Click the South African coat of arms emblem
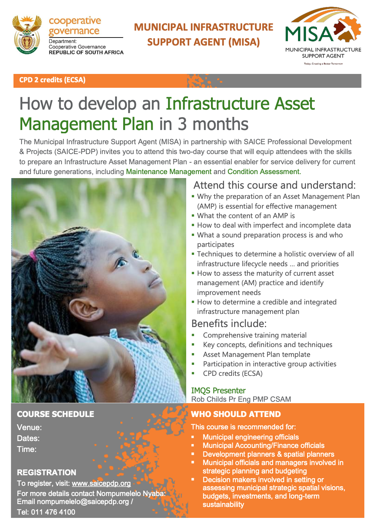coord(27,35)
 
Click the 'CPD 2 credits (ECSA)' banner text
coord(52,80)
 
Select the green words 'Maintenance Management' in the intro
coord(169,172)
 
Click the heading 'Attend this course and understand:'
coord(275,185)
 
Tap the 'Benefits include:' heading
coord(229,323)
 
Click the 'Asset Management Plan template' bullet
coord(256,354)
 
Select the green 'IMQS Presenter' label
coord(218,390)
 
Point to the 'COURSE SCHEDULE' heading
coord(55,414)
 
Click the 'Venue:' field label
coord(30,428)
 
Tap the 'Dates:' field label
coord(28,438)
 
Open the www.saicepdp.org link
coord(101,483)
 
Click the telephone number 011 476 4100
coord(53,512)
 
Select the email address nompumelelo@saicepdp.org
coord(83,501)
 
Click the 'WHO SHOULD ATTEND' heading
coord(236,414)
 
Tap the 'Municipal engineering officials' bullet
coord(251,437)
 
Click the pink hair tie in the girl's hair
coord(33,256)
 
